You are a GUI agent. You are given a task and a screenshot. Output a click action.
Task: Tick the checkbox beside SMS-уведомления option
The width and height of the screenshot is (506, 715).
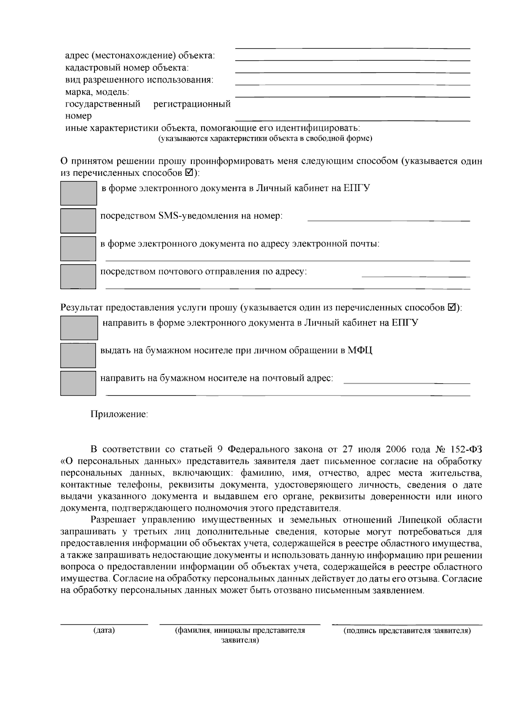[x=78, y=221]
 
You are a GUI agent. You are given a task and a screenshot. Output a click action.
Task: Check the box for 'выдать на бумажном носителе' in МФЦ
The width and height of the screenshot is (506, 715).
[x=78, y=355]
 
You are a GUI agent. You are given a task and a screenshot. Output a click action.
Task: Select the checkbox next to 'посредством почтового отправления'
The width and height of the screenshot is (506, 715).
[x=78, y=277]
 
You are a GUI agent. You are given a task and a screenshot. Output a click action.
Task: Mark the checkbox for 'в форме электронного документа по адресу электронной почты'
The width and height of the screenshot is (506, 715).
[x=78, y=249]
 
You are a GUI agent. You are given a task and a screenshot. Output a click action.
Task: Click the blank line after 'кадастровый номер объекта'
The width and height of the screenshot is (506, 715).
[x=352, y=73]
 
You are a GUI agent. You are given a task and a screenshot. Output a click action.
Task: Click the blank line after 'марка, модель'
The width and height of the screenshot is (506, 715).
[x=352, y=97]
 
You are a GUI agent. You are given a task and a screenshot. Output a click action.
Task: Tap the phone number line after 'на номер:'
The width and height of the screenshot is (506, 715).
[x=388, y=220]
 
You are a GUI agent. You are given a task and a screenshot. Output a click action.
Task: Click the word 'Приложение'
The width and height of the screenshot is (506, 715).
[x=119, y=414]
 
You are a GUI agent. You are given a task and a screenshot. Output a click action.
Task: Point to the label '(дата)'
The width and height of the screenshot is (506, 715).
[x=104, y=631]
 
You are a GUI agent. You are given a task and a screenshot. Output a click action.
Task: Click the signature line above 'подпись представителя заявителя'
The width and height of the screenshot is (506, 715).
[x=407, y=624]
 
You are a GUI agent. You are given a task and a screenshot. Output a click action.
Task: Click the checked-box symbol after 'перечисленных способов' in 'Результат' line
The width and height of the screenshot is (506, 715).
[x=451, y=307]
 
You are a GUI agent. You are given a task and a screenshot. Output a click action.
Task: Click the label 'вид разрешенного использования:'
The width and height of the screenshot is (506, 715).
[x=139, y=80]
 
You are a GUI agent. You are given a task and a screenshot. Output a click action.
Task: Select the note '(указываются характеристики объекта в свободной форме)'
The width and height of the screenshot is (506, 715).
[x=265, y=139]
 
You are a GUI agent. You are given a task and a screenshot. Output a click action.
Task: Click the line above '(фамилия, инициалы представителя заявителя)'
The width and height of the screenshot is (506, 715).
[x=240, y=624]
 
